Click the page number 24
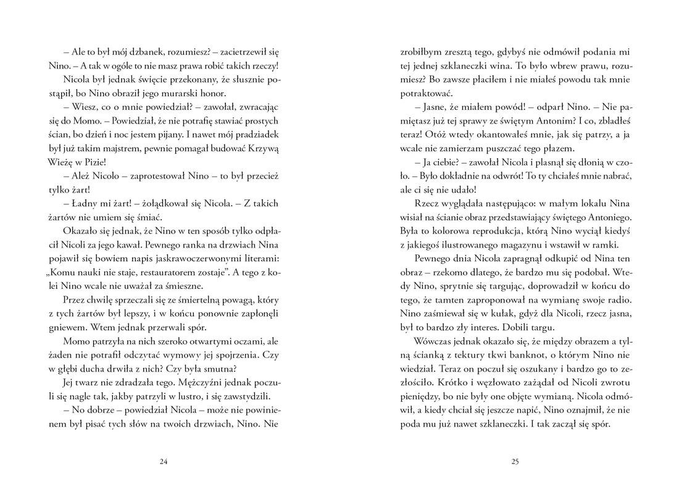pyautogui.click(x=163, y=461)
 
